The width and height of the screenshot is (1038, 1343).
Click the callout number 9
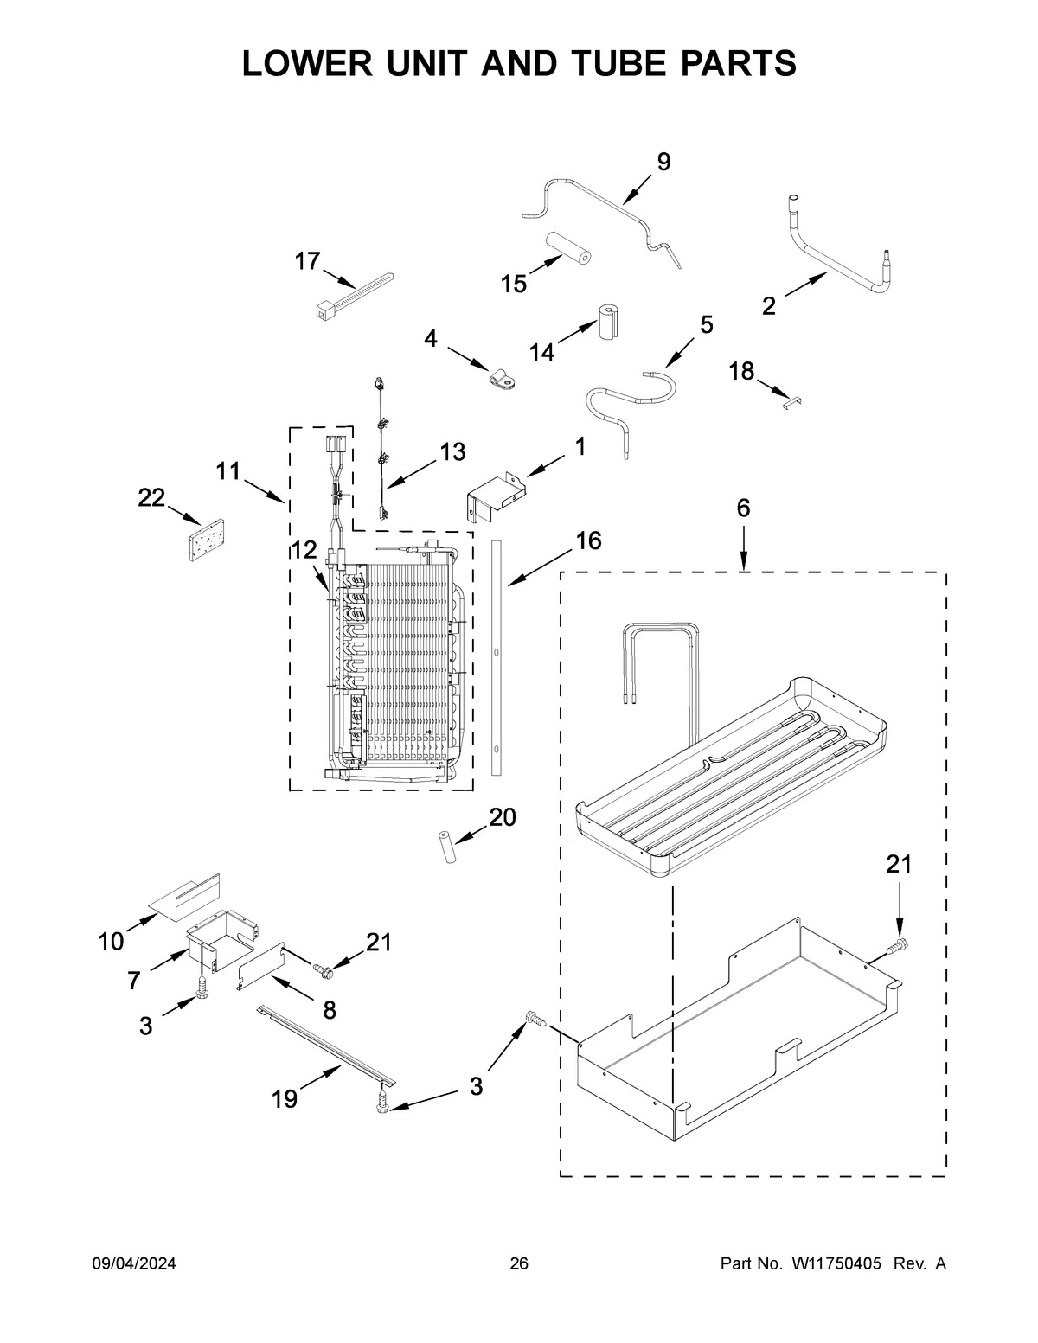click(x=663, y=162)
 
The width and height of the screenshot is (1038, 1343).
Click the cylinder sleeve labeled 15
click(x=567, y=248)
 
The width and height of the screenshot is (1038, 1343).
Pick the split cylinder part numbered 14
click(x=610, y=323)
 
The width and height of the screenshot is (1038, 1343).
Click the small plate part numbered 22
click(x=206, y=540)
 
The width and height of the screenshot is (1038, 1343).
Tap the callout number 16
click(x=588, y=540)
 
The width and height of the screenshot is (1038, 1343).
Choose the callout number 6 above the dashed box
click(x=743, y=508)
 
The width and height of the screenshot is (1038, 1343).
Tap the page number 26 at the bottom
click(x=518, y=1264)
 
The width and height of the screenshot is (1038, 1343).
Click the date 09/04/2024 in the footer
click(x=134, y=1264)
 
